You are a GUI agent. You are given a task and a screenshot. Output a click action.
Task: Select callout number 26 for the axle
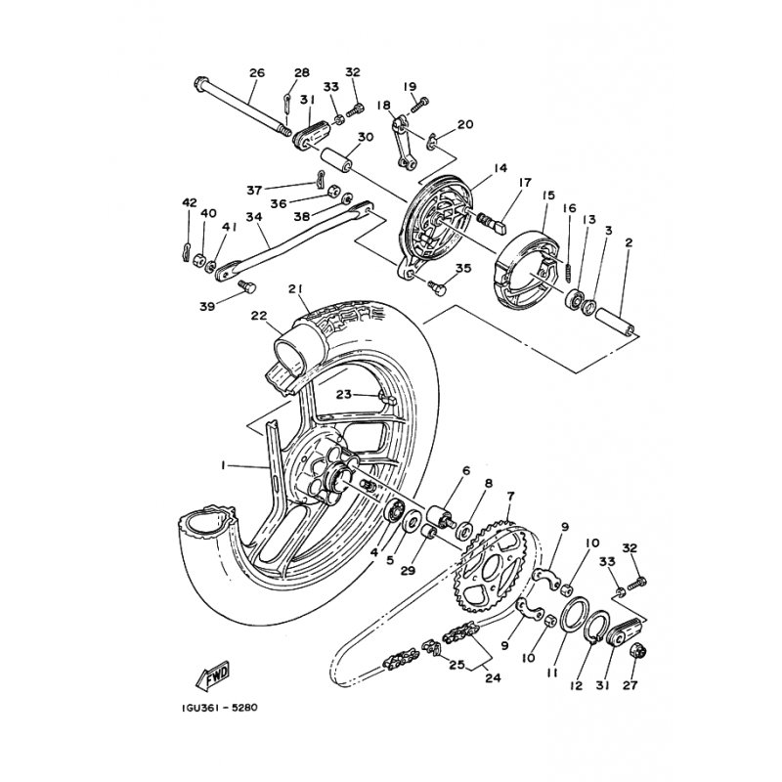click(257, 72)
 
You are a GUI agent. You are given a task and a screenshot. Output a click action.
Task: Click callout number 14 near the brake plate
click(500, 168)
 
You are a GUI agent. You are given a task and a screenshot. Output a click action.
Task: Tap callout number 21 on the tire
click(297, 289)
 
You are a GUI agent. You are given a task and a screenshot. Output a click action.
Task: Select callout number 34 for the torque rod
click(254, 217)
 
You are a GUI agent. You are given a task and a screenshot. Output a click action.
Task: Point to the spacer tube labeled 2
click(616, 323)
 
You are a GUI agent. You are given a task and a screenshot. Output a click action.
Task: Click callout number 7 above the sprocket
click(510, 497)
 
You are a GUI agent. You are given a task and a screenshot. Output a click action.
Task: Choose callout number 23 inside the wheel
click(344, 395)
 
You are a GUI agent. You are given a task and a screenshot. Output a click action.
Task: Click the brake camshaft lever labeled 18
click(403, 142)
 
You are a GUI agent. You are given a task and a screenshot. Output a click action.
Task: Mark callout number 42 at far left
click(190, 202)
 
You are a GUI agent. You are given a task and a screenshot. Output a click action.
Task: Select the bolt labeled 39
click(247, 287)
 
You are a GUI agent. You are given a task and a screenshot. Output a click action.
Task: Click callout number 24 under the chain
click(493, 677)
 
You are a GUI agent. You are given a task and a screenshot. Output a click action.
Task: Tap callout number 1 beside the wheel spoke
click(223, 465)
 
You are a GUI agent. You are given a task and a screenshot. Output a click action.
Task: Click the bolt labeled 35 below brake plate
click(436, 287)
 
